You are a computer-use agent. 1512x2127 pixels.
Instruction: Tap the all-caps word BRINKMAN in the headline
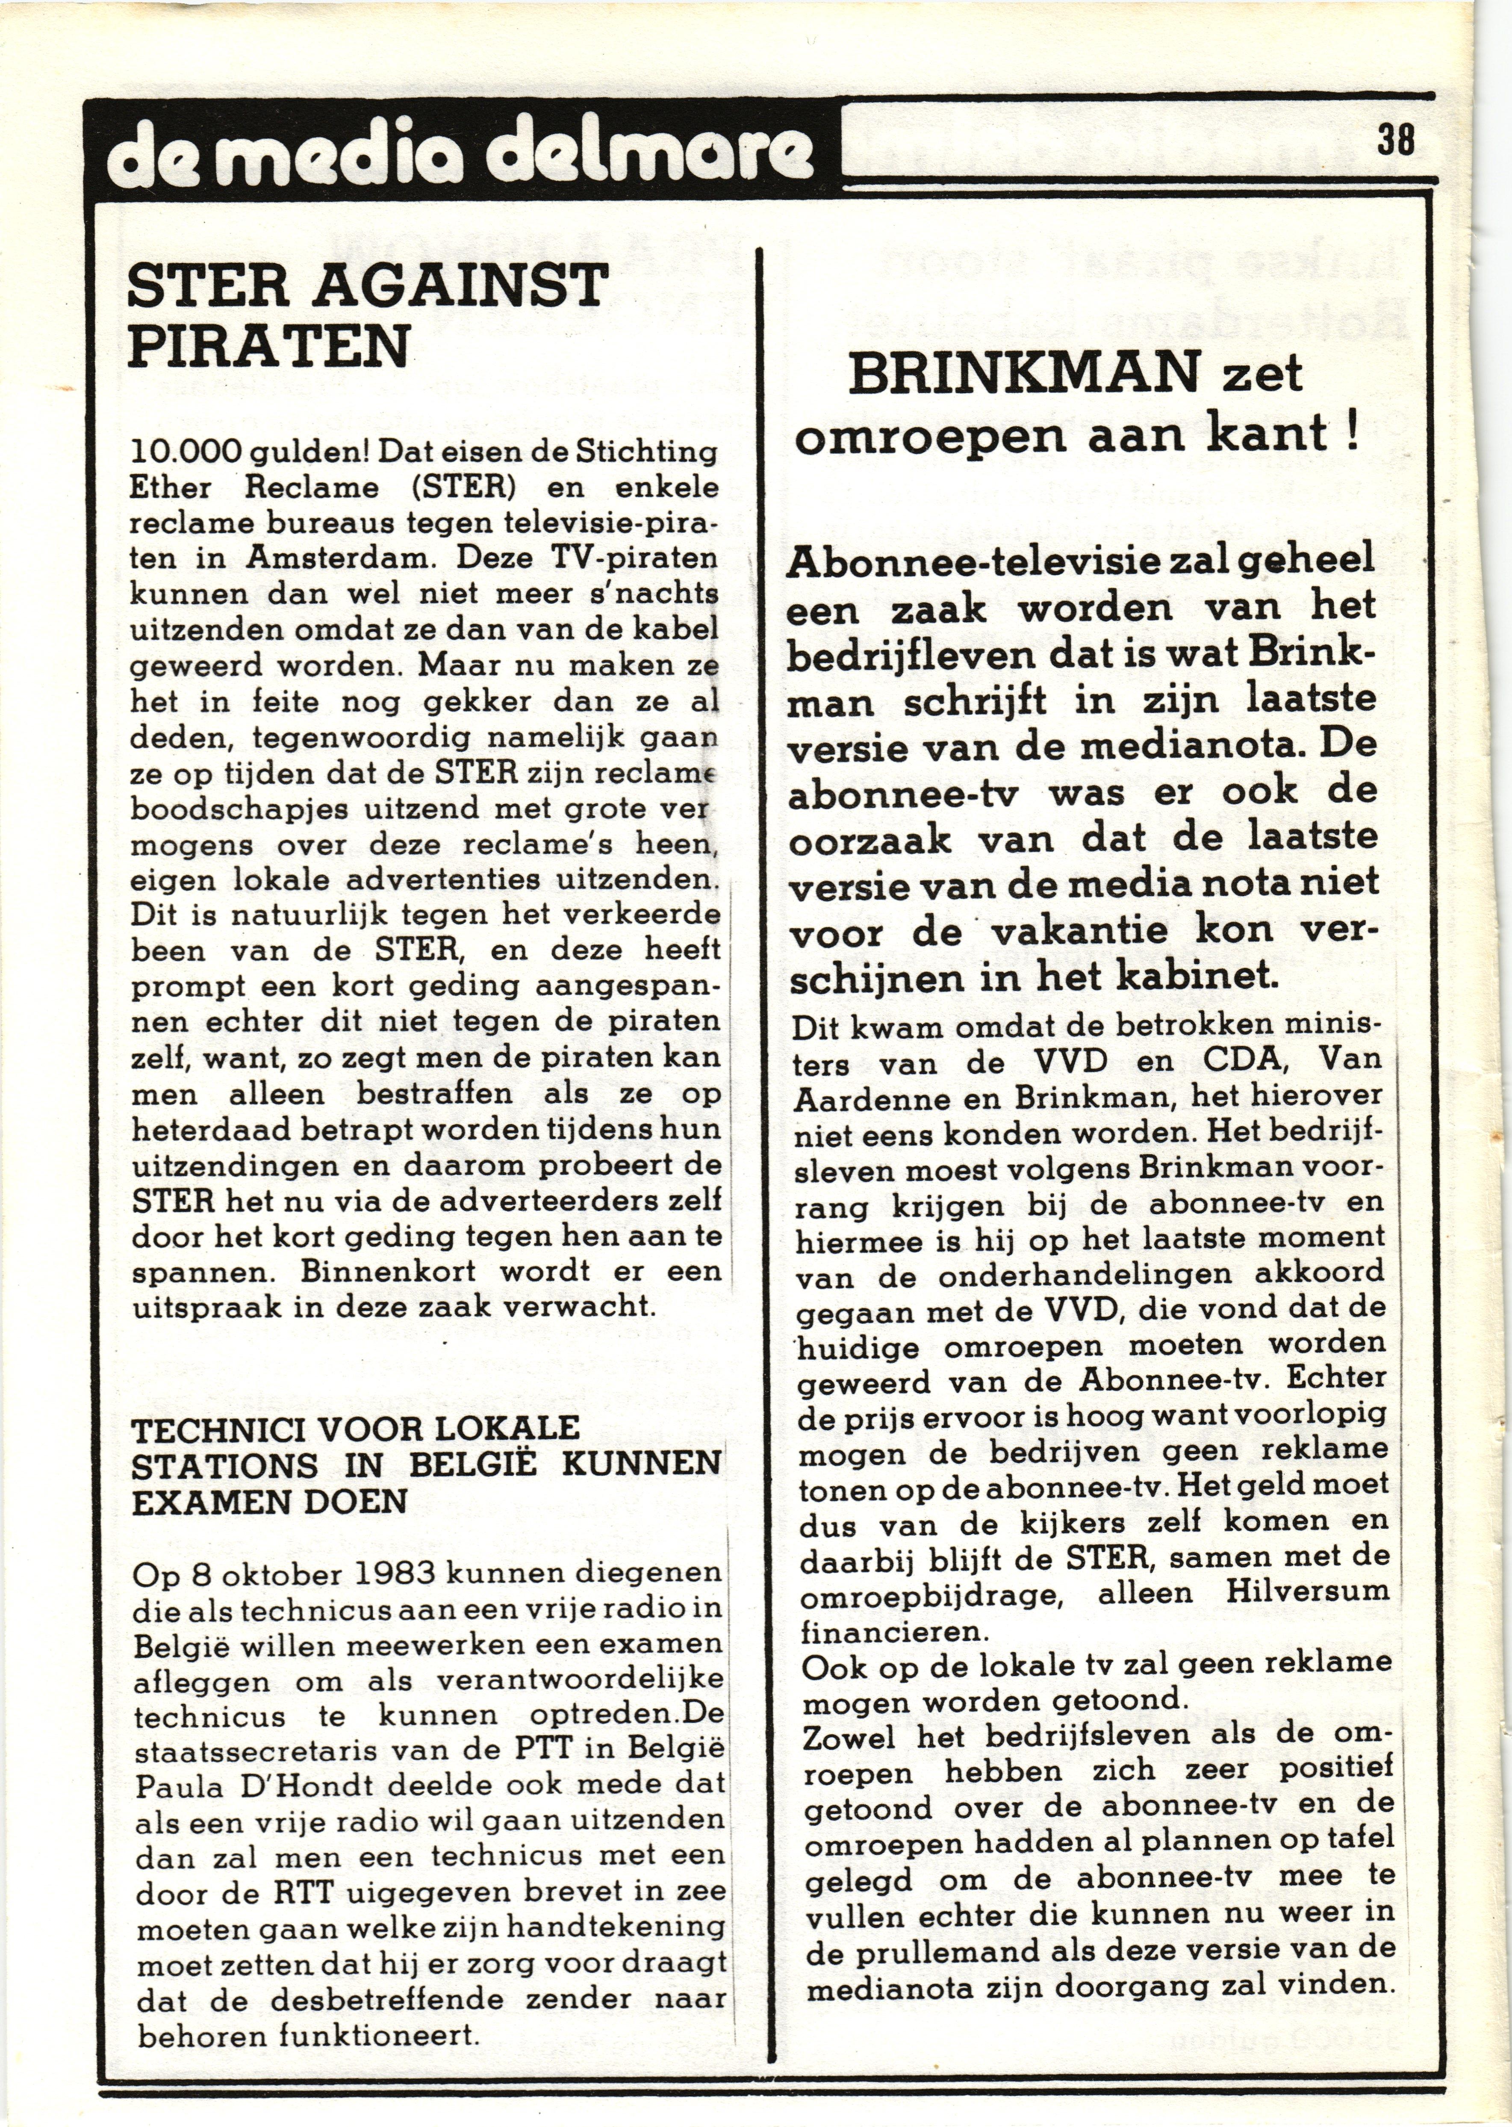point(1024,374)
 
